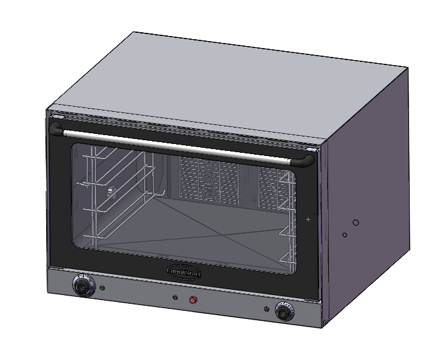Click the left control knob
click(82, 286)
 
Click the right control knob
click(284, 311)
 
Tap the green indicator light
click(102, 289)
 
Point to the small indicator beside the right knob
click(267, 309)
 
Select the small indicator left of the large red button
click(175, 297)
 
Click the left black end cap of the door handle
click(56, 129)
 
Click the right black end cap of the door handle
click(308, 160)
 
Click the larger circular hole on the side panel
click(356, 222)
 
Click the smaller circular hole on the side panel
click(345, 235)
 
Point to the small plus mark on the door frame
click(308, 219)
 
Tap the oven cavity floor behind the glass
click(190, 227)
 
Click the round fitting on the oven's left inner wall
click(111, 189)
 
